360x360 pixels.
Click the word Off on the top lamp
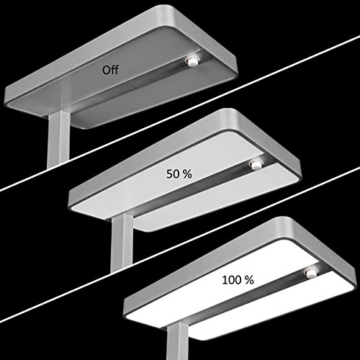(x=108, y=70)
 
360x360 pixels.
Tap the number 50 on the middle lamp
(x=173, y=173)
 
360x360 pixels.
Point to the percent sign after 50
(x=189, y=173)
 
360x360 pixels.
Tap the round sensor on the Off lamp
(x=188, y=63)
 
